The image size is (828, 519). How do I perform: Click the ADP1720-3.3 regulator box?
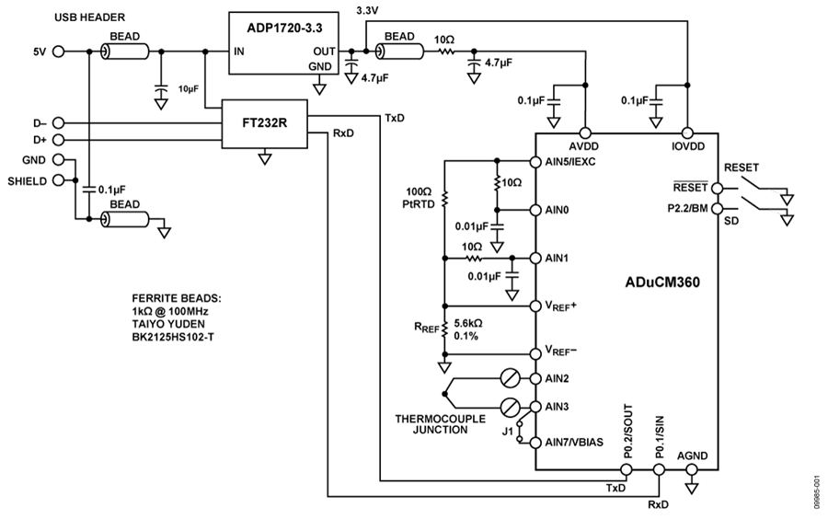click(x=283, y=43)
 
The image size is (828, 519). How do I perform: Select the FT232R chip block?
click(x=265, y=124)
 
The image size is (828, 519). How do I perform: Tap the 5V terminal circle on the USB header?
click(x=58, y=52)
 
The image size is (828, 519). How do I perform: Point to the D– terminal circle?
click(x=58, y=123)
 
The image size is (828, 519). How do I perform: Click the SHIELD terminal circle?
click(x=58, y=180)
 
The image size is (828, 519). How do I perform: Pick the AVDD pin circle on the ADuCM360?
click(x=585, y=133)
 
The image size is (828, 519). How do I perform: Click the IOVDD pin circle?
click(x=687, y=133)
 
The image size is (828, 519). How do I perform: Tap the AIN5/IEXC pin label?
click(x=570, y=162)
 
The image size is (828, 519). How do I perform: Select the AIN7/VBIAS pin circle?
click(x=535, y=443)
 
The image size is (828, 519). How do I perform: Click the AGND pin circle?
click(x=691, y=469)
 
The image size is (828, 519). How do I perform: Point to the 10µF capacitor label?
click(x=188, y=89)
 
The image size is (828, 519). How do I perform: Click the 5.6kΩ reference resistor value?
click(x=468, y=323)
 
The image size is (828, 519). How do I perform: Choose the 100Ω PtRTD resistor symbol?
click(x=444, y=199)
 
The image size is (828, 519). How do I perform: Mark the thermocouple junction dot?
click(x=444, y=394)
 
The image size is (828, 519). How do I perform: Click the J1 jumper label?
click(x=508, y=432)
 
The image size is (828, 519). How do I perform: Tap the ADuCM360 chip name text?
click(x=662, y=283)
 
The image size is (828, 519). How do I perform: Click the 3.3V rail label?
click(x=367, y=10)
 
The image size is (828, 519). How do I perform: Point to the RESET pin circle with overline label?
click(x=717, y=188)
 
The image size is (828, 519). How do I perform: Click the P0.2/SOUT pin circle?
click(x=626, y=469)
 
